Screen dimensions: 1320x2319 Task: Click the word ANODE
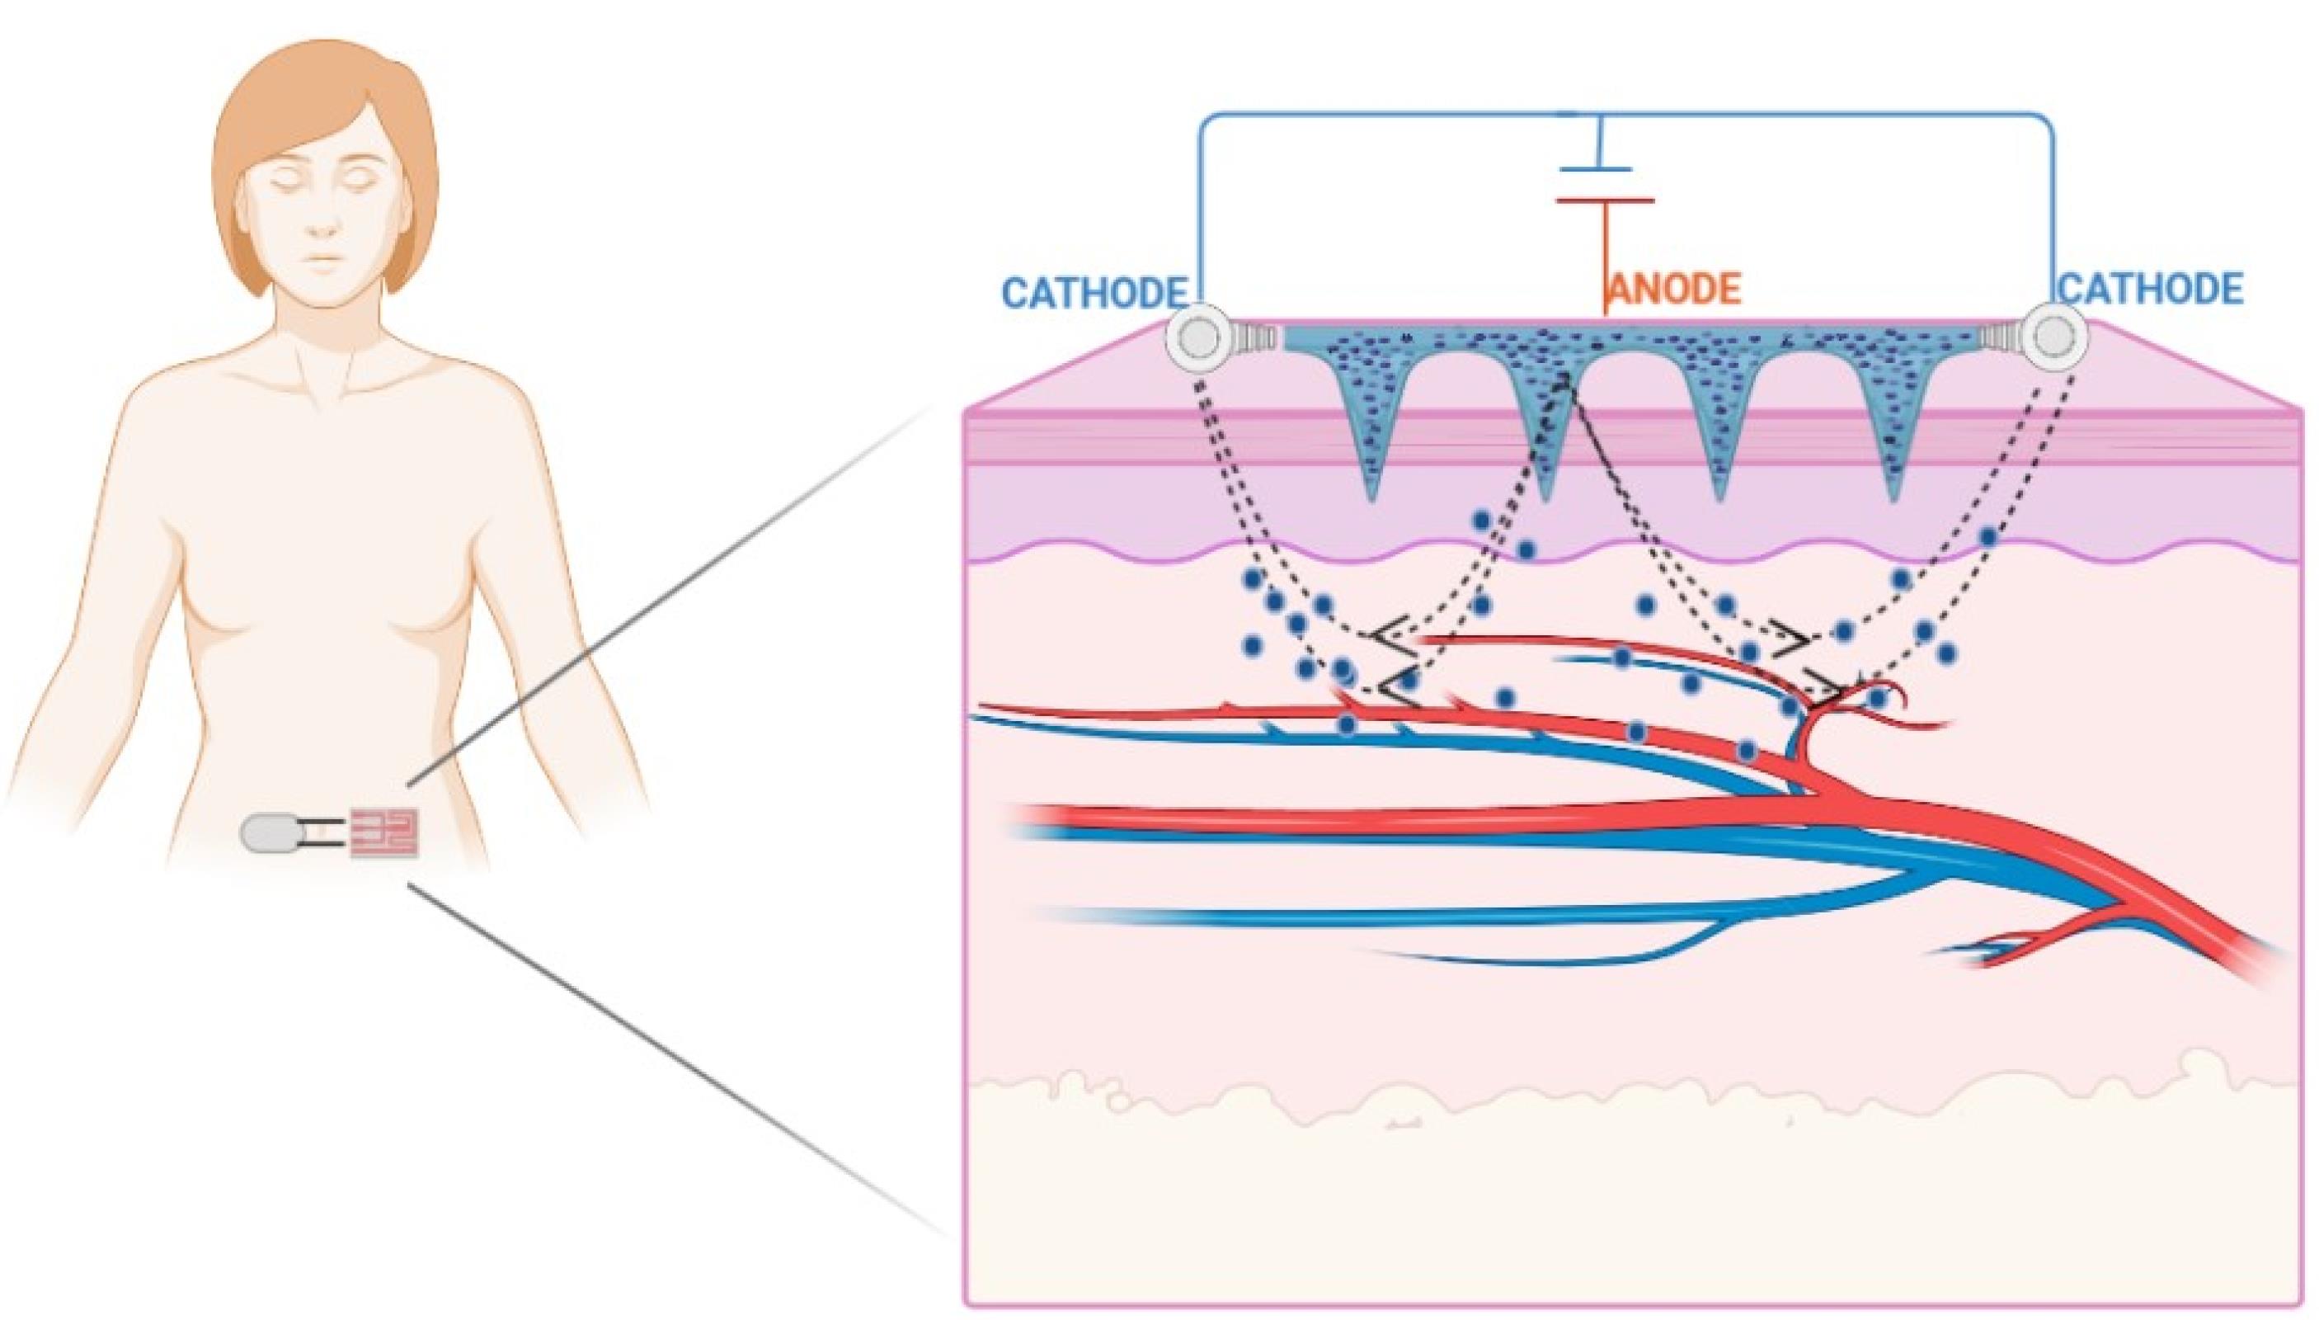[1675, 290]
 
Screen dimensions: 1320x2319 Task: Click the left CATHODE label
[1094, 293]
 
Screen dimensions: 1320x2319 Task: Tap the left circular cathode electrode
[1198, 338]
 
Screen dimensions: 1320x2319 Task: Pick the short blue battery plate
[1596, 168]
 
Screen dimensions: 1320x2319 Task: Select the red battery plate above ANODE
[1605, 200]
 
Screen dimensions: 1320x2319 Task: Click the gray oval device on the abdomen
[266, 832]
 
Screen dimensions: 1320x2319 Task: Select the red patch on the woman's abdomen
[386, 832]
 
